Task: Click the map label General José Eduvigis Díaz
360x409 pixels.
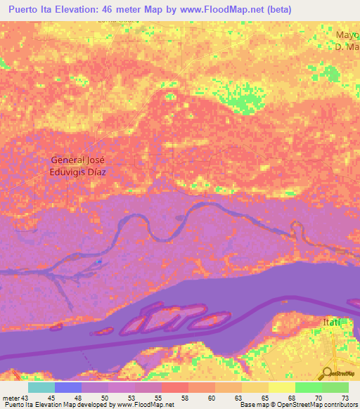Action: (82, 165)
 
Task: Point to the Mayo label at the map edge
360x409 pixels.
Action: (347, 34)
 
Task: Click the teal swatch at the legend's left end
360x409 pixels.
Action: (41, 387)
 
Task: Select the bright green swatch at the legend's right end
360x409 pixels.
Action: (335, 387)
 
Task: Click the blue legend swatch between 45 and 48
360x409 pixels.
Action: (68, 387)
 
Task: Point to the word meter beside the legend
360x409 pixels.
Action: (11, 398)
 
